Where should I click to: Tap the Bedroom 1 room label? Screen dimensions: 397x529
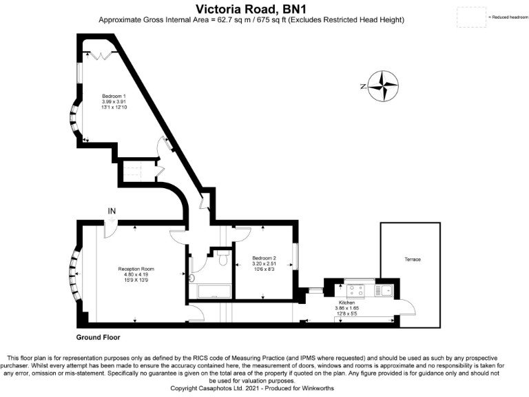pos(114,95)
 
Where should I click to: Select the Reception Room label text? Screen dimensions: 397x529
pos(136,268)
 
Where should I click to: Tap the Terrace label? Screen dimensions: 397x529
pos(412,259)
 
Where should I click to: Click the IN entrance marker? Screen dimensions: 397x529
pos(112,211)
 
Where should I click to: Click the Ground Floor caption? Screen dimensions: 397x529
pos(98,338)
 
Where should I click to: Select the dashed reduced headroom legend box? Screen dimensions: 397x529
pos(470,17)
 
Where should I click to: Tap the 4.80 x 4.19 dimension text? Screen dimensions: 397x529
pos(136,274)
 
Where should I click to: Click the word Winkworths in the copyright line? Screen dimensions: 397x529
pos(339,389)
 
